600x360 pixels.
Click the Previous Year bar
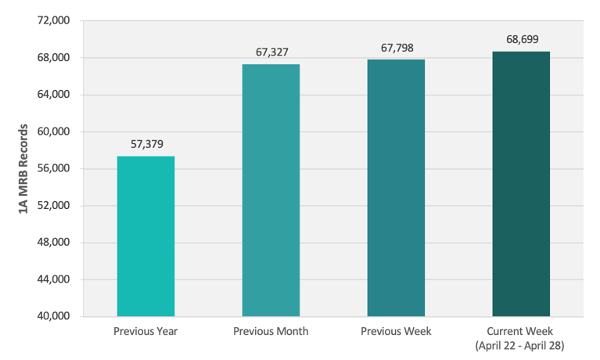146,236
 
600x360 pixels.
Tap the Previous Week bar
396,188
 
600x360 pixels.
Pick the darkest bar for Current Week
521,184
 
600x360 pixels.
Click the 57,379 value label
146,144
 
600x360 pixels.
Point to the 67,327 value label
271,52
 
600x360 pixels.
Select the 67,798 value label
397,48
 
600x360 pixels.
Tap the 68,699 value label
522,39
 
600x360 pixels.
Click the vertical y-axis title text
23,168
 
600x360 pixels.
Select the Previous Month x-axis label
271,331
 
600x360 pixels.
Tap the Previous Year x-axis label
146,331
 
